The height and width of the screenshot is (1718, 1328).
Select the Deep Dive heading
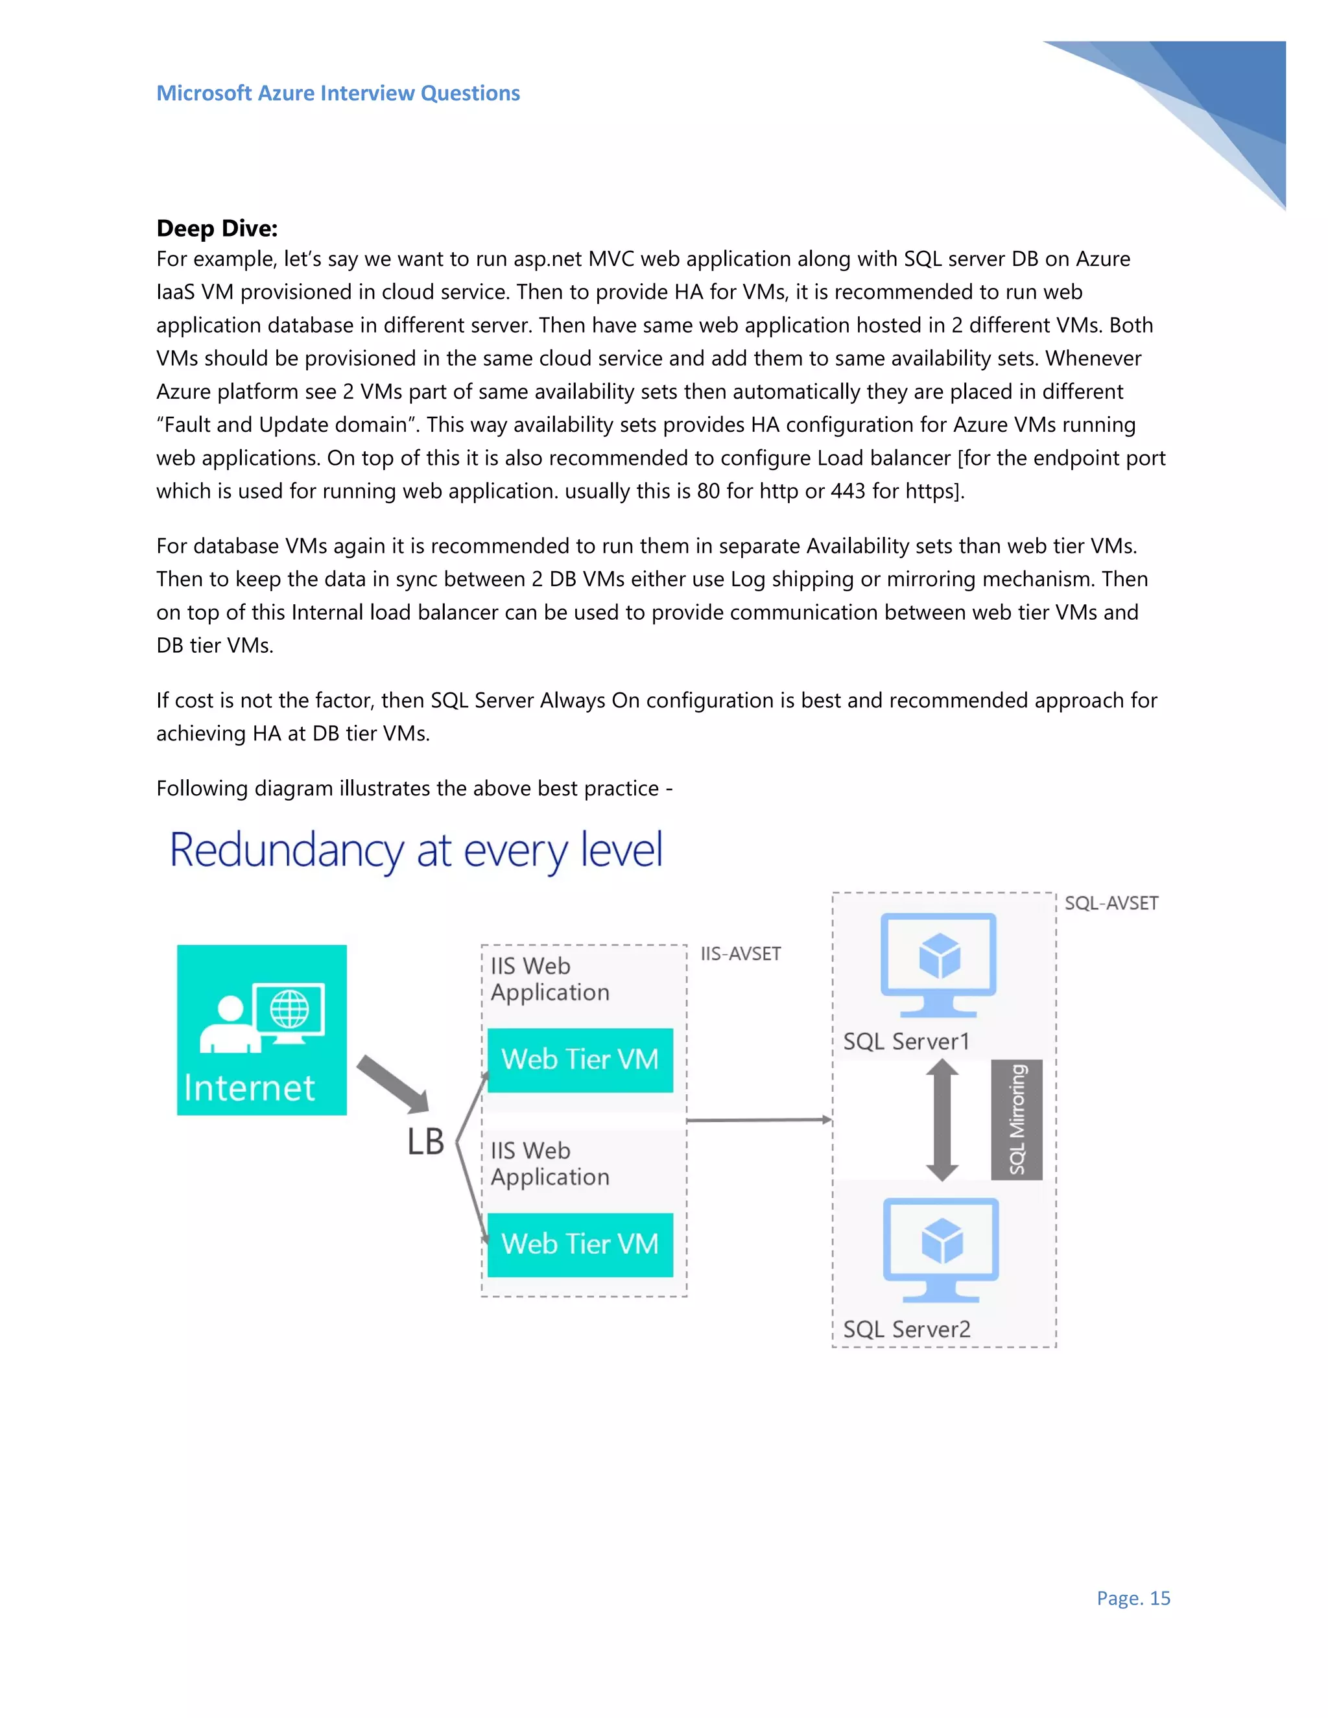coord(217,228)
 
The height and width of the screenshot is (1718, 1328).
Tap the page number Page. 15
coord(1133,1597)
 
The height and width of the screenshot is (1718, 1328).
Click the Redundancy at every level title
coord(416,851)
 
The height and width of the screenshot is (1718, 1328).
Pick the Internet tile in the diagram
coord(261,1029)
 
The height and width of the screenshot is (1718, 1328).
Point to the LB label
coord(425,1142)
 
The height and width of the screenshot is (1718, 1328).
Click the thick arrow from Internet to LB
coord(392,1085)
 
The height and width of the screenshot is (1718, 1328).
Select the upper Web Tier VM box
coord(580,1059)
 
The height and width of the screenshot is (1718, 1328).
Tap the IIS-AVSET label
coord(741,954)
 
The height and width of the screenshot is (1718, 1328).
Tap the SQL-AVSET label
coord(1111,903)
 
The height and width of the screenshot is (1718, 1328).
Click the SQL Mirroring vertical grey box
coord(1017,1120)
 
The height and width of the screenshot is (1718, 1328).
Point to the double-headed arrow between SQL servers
coord(942,1120)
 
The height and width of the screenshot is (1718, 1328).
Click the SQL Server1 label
coord(905,1042)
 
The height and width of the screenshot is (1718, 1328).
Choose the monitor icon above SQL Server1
coord(938,963)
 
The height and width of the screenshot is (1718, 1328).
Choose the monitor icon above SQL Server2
coord(941,1249)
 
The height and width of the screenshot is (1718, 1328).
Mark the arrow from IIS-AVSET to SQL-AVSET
coord(759,1120)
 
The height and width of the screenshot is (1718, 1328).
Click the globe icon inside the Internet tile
coord(289,1009)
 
